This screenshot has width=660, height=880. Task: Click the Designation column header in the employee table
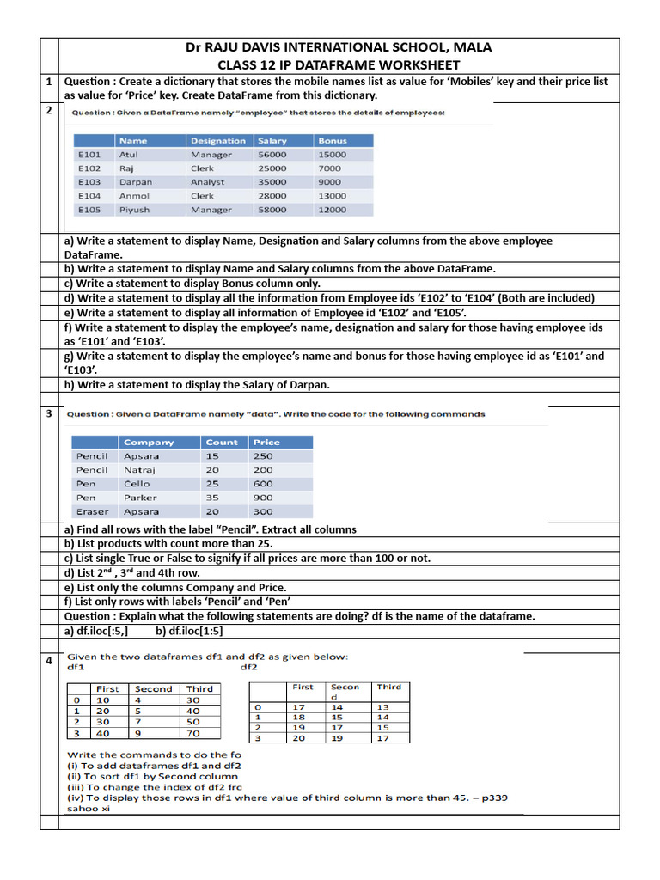click(217, 141)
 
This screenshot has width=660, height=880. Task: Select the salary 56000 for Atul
click(272, 155)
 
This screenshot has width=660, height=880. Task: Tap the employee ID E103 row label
click(89, 182)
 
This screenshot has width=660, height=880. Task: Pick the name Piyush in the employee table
click(134, 210)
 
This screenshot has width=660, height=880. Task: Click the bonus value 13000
click(332, 196)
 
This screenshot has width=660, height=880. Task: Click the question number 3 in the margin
click(49, 414)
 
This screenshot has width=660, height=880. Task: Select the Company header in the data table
click(149, 443)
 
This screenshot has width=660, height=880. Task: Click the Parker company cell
click(140, 498)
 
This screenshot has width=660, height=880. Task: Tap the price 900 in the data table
click(263, 498)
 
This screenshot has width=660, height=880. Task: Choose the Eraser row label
click(92, 511)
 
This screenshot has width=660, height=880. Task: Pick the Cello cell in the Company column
click(137, 484)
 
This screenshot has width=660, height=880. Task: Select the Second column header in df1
click(154, 689)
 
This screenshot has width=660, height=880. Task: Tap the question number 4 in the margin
click(49, 660)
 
